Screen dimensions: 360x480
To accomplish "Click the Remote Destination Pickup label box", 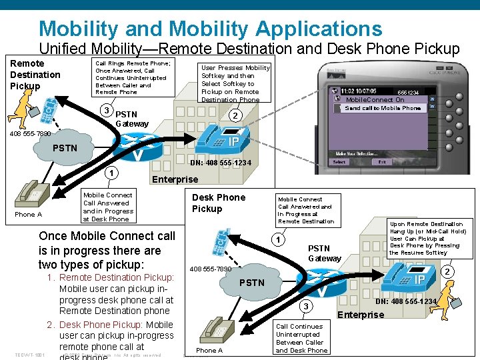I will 35,75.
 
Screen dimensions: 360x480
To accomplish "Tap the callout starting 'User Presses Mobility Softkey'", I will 235,83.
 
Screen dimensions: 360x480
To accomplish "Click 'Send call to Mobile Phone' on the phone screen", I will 383,108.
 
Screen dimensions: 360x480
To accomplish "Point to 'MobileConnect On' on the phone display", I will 375,100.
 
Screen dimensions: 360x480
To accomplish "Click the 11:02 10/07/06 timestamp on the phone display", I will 358,91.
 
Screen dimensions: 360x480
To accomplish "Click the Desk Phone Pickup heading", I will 218,203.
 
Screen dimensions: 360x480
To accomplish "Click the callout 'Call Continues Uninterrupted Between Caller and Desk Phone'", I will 301,338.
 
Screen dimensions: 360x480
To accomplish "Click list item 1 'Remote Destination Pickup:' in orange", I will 116,277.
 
